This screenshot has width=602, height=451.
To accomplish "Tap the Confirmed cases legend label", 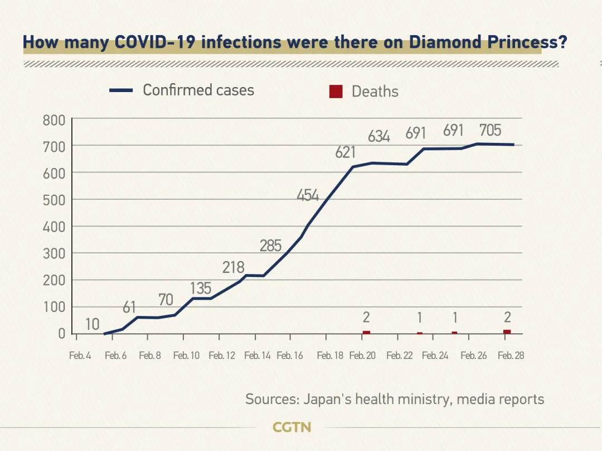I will [198, 90].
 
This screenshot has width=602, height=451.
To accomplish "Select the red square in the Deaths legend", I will [336, 92].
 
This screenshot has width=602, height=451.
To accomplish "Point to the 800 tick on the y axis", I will [54, 119].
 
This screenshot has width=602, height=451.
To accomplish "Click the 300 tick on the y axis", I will [54, 253].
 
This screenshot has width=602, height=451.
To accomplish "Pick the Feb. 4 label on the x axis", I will [80, 356].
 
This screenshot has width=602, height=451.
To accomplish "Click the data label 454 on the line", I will [307, 196].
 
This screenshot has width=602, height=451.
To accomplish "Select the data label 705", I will [491, 131].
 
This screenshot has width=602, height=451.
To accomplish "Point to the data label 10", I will [93, 324].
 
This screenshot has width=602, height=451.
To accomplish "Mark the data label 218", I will [234, 268].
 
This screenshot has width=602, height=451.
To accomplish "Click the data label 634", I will [379, 136].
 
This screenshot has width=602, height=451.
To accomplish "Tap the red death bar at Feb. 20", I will [366, 332].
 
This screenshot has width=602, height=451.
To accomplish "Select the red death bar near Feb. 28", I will [507, 332].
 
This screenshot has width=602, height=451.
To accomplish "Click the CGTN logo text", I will [292, 428].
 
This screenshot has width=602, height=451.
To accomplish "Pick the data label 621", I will [346, 152].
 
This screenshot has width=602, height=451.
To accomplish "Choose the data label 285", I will [271, 246].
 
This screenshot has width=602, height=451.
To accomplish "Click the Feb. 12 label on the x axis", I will [222, 356].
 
